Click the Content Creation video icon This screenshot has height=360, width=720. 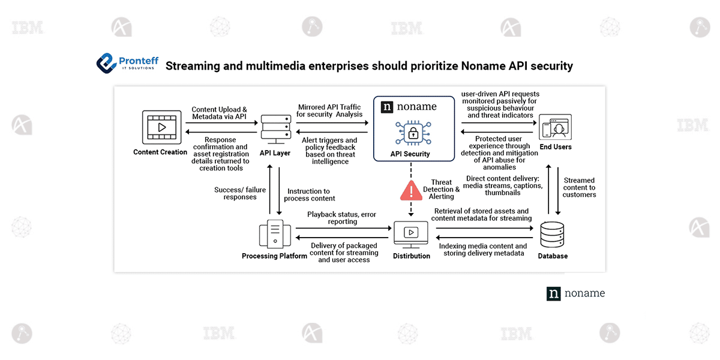(x=161, y=127)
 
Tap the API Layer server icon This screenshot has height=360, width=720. (x=275, y=127)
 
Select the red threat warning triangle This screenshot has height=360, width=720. (x=411, y=190)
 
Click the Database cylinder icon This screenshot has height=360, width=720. (x=552, y=236)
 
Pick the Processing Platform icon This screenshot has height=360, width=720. (x=274, y=234)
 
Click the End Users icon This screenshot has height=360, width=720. (x=555, y=127)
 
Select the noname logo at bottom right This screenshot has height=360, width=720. (x=575, y=293)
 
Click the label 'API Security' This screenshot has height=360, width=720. (x=411, y=154)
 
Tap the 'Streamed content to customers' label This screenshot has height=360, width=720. (x=579, y=187)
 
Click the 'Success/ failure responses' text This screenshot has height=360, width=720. (x=239, y=193)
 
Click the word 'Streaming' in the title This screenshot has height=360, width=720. (x=199, y=65)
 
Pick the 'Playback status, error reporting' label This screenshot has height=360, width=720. (x=342, y=217)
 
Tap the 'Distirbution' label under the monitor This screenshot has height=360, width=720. (x=412, y=256)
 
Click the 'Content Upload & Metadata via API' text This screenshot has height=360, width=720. (x=219, y=113)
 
